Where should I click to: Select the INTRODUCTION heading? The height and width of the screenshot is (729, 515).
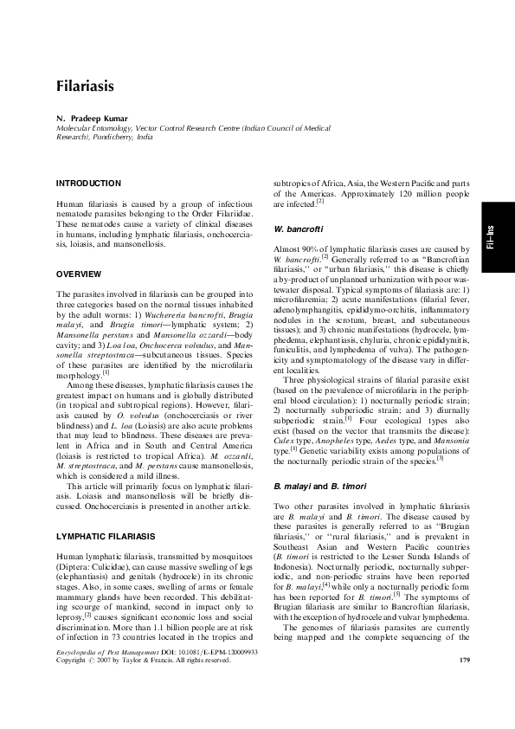click(88, 184)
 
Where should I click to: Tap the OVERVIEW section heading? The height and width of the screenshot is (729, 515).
click(79, 274)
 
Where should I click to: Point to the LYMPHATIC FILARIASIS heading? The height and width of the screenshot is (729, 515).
click(106, 537)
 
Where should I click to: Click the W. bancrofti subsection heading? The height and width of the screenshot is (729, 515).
click(298, 229)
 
